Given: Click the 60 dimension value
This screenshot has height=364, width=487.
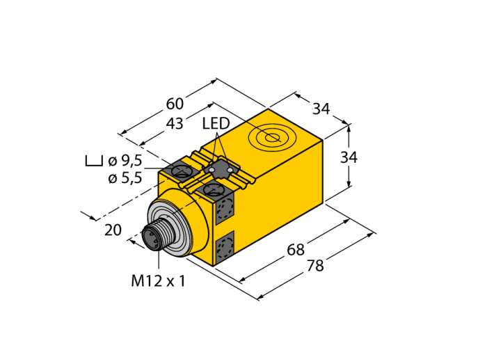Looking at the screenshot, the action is coord(175,104).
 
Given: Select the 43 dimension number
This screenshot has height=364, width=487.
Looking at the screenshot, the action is coord(175,124).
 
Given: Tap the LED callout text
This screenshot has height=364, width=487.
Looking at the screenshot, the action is coord(216,124).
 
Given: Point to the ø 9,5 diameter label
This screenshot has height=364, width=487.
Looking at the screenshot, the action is coord(125,161).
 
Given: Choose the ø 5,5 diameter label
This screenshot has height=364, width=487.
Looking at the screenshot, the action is coord(125,178).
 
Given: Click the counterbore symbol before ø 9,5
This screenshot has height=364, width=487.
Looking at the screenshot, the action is coord(93,161).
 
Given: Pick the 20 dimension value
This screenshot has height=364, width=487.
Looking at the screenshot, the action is coord(113,230).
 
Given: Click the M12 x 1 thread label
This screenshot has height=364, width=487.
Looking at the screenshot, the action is coord(158,281).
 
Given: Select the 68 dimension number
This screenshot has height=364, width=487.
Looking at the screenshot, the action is coord(296,250).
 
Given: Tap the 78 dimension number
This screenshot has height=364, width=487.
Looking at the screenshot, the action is coord(315,266).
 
